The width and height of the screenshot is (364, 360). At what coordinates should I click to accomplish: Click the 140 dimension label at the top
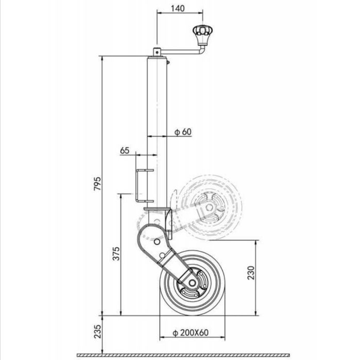178,9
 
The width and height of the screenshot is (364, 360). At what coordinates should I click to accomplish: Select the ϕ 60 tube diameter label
183,132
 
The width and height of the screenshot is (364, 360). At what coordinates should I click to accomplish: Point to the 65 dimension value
124,151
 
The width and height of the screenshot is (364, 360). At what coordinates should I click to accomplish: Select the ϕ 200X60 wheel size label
191,332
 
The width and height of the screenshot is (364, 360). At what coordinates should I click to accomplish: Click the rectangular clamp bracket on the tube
139,184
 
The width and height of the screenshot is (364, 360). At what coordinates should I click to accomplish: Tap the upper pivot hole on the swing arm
155,241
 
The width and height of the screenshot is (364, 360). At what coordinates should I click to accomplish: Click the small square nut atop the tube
157,51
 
